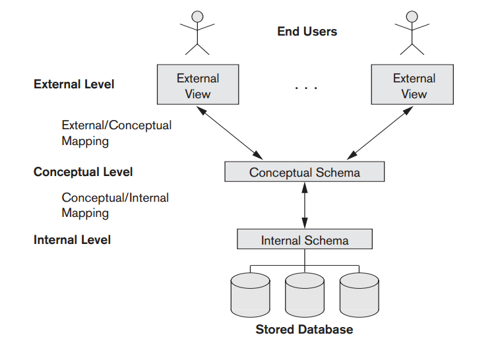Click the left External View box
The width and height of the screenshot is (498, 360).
click(x=197, y=86)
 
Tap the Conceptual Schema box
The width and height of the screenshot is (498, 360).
click(x=304, y=173)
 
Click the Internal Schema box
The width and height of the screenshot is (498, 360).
click(x=304, y=240)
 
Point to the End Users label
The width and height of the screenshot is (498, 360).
click(x=307, y=32)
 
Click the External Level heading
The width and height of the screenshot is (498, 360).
click(x=74, y=84)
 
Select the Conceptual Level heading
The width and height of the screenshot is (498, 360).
click(x=83, y=172)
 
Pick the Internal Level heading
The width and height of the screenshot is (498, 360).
click(x=72, y=240)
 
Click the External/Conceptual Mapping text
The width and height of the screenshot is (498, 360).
click(x=116, y=133)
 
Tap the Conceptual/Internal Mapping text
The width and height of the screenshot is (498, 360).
click(x=115, y=205)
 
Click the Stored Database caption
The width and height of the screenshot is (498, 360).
click(x=304, y=330)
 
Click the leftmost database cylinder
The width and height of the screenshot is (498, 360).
click(x=250, y=294)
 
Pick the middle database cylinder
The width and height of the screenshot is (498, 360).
click(x=304, y=294)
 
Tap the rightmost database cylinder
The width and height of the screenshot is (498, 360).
click(x=359, y=294)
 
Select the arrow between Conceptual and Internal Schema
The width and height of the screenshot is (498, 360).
click(x=304, y=206)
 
